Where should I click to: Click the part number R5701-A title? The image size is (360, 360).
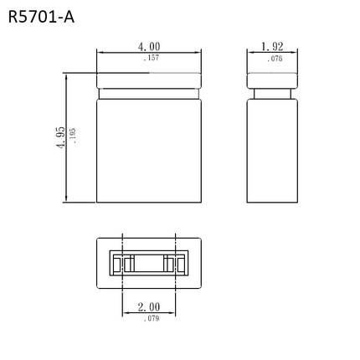[41, 16]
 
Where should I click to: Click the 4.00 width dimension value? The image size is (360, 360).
[149, 47]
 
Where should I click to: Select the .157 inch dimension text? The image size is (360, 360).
[150, 58]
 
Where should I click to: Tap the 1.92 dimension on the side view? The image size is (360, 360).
[273, 47]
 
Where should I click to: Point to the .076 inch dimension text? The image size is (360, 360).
[274, 59]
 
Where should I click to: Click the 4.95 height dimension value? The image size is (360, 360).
[61, 138]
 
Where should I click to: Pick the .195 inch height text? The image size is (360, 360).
[74, 137]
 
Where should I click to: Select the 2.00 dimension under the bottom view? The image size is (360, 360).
[148, 307]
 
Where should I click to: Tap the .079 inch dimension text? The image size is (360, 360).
[150, 319]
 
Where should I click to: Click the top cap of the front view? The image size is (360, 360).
[149, 81]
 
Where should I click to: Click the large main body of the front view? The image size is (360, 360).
[149, 151]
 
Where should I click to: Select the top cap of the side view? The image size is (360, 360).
[272, 80]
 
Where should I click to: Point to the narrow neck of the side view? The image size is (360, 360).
[272, 95]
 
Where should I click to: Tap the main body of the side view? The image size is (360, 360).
[272, 151]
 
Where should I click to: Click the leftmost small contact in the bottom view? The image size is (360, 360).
[118, 264]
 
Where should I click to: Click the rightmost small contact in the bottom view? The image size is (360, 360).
[179, 264]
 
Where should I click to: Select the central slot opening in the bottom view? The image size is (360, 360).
[149, 263]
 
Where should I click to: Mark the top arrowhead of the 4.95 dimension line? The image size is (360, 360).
[66, 75]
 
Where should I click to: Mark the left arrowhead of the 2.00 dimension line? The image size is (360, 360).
[125, 314]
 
